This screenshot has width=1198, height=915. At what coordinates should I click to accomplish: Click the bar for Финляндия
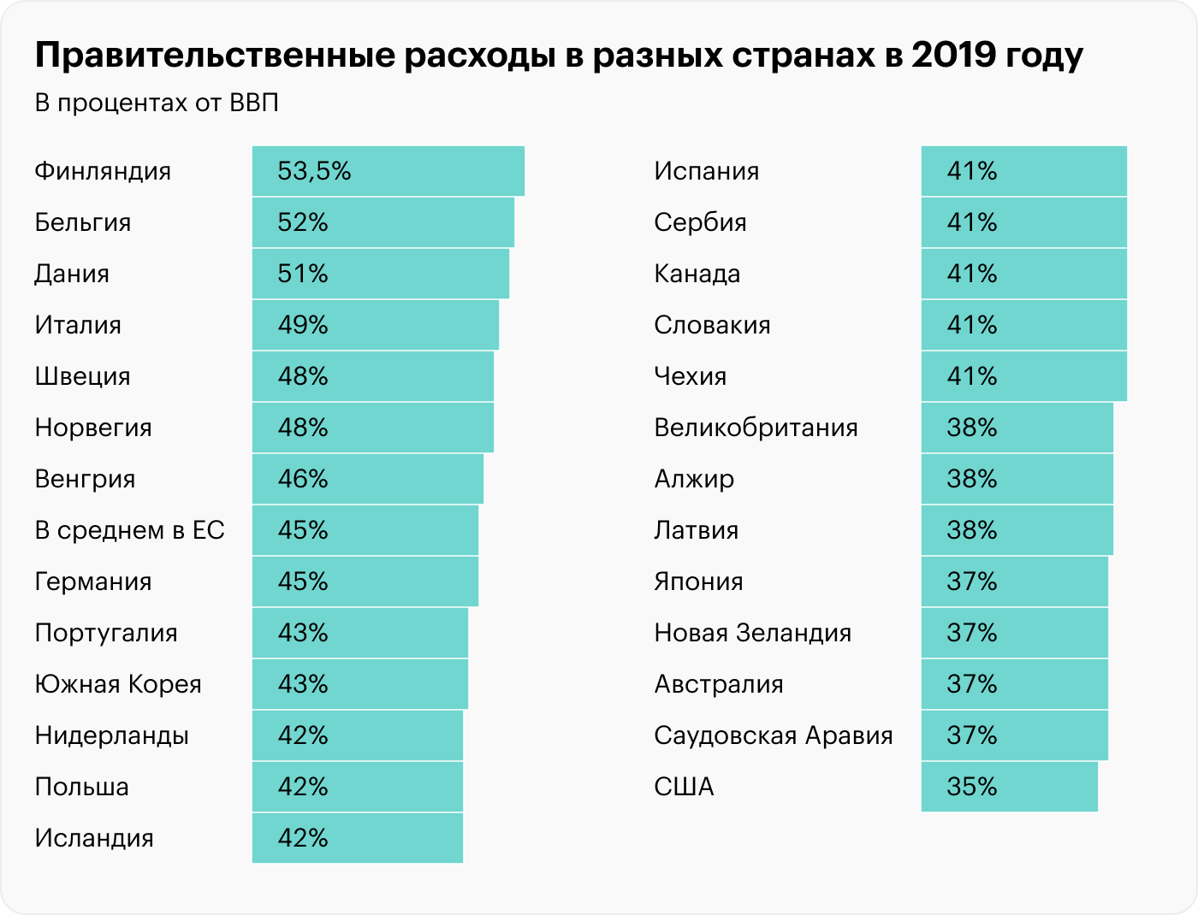coord(388,171)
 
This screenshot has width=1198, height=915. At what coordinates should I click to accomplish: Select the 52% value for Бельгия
coord(303,222)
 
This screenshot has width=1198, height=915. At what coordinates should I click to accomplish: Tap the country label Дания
coord(72,274)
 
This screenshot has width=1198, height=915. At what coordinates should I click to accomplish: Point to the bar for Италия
coord(375,325)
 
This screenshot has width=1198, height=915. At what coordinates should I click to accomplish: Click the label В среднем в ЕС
coord(129,530)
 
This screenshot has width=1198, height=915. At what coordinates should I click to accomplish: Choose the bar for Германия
coord(365,581)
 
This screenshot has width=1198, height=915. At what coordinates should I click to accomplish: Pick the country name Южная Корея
coord(118,684)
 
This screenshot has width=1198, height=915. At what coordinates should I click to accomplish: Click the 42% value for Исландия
coord(303,838)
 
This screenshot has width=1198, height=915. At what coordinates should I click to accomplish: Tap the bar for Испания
coord(1023,171)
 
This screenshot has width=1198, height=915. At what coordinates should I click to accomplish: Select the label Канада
coord(697,274)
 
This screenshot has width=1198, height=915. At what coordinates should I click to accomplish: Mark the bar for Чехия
coord(1023,376)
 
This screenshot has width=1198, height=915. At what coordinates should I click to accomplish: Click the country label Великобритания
coord(756,428)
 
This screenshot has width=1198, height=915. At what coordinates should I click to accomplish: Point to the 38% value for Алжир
coord(972,479)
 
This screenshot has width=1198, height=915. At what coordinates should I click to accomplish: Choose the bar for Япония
coord(1014,581)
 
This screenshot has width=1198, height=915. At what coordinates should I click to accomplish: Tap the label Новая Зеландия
coord(752,633)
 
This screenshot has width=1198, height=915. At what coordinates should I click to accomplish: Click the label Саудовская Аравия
coord(773,735)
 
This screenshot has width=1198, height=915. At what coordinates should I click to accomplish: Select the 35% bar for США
coord(1009,787)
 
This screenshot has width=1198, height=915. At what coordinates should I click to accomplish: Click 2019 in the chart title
coord(950,56)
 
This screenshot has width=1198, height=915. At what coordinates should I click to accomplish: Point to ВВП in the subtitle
coord(254,103)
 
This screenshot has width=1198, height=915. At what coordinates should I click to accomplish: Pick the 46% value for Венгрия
coord(303,479)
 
